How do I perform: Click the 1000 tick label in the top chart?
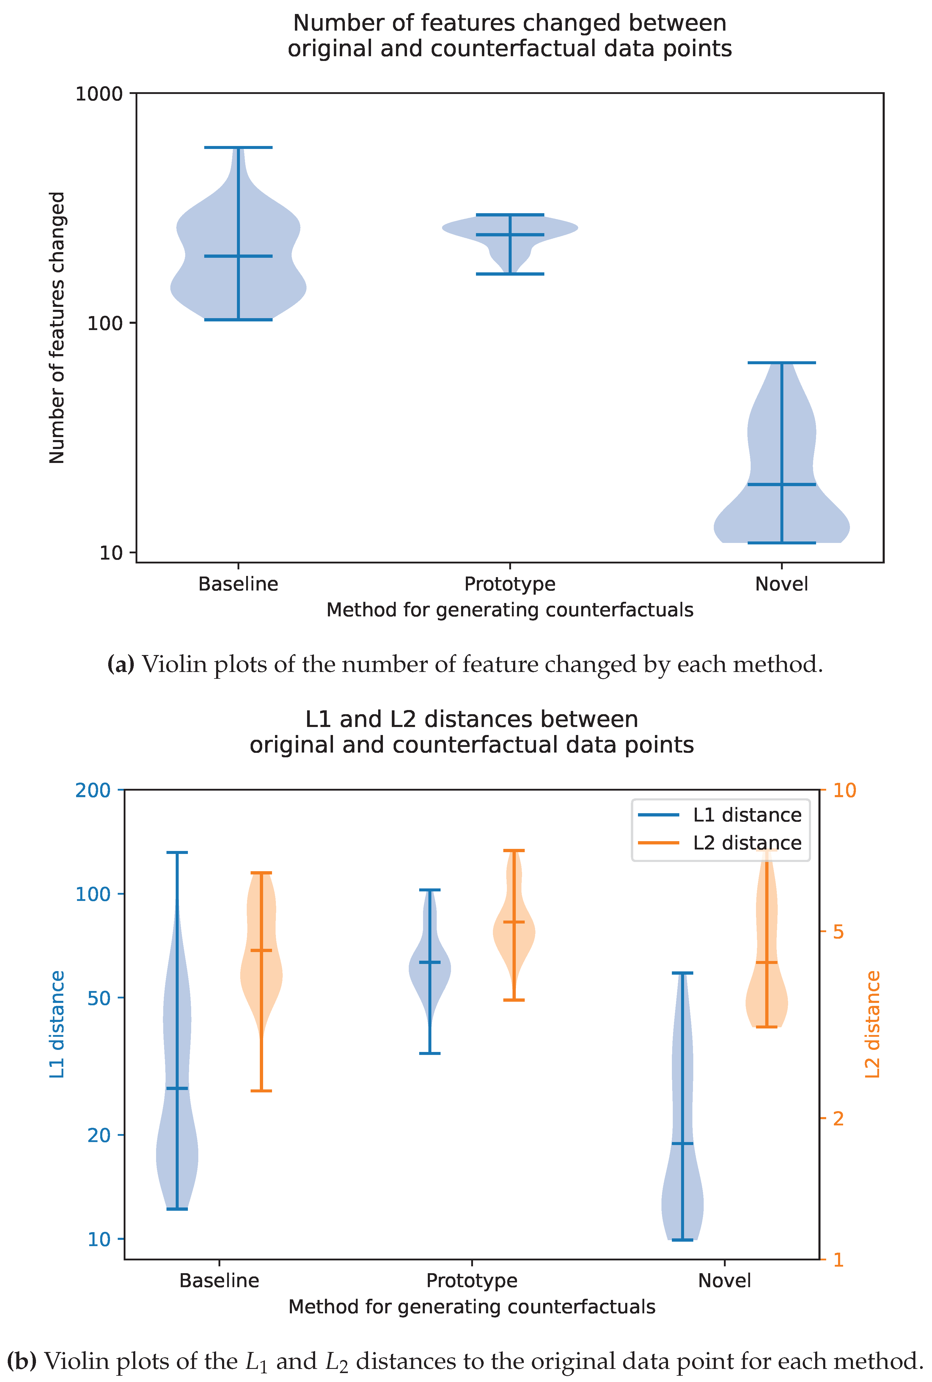(x=99, y=94)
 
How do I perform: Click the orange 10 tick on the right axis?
(x=844, y=791)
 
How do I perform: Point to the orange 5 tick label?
(x=838, y=932)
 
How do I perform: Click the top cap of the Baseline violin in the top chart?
(x=238, y=147)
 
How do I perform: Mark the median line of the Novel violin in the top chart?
(x=782, y=484)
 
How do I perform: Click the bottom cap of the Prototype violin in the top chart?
(x=510, y=274)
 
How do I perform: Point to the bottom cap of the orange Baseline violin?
(x=261, y=1091)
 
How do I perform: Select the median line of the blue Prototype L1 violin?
(x=430, y=962)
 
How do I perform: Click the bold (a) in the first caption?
(x=121, y=665)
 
